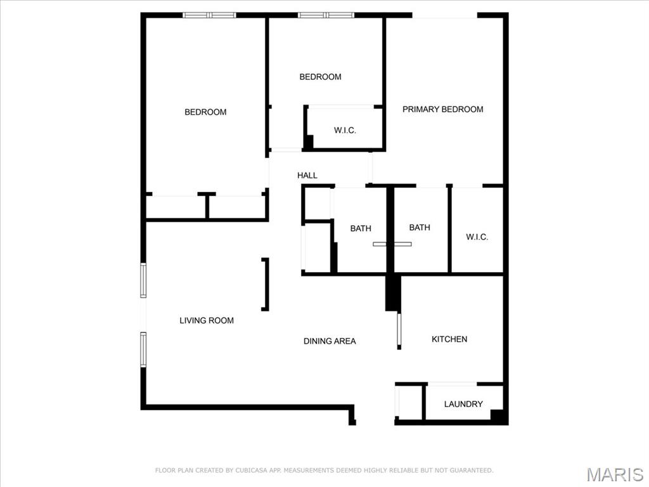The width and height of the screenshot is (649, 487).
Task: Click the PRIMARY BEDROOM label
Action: (x=442, y=109)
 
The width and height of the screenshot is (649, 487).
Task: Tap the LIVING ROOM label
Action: (x=207, y=320)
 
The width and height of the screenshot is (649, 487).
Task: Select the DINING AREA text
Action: (x=330, y=341)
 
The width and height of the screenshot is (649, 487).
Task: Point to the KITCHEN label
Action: (x=449, y=339)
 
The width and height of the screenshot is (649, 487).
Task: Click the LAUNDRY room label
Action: (x=463, y=404)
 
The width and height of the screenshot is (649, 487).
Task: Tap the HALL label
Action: (x=307, y=176)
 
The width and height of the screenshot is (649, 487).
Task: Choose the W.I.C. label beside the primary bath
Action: (x=477, y=237)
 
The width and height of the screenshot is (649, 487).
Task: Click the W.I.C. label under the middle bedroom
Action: (x=345, y=131)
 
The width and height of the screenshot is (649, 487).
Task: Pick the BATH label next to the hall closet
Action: (x=361, y=228)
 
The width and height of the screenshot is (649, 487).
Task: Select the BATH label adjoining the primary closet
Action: (x=420, y=228)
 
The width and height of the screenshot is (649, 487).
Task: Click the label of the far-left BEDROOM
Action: (x=205, y=112)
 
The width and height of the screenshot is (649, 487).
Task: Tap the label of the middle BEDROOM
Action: (x=320, y=77)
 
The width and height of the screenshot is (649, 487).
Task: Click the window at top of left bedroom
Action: (x=209, y=15)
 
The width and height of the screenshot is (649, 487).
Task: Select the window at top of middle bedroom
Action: (x=326, y=15)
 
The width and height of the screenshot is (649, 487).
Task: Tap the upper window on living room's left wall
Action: (x=143, y=280)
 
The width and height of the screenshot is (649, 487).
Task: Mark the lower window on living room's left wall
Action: (x=143, y=349)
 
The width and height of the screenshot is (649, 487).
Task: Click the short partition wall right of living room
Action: (x=266, y=284)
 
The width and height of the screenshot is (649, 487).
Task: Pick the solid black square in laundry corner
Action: (x=499, y=417)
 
